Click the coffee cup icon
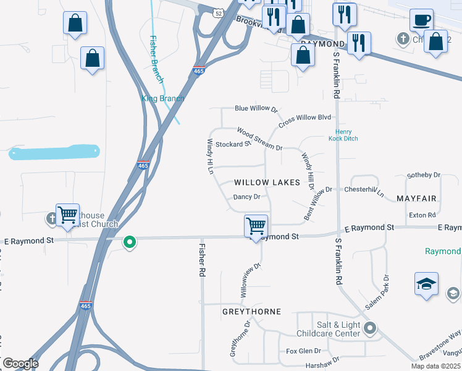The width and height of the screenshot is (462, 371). tap(422, 20)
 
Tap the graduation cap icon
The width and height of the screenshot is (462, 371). tap(426, 284)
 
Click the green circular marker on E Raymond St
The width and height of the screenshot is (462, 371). tap(129, 242)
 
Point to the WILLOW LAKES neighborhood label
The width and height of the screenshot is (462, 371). tap(267, 182)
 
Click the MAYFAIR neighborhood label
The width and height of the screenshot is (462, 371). tap(417, 198)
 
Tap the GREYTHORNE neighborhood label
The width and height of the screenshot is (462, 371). tap(252, 312)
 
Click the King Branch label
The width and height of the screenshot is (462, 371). tap(163, 98)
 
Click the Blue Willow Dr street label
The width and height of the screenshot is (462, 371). tap(256, 108)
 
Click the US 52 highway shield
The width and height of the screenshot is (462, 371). tap(219, 12)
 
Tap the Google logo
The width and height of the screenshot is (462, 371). tap(20, 364)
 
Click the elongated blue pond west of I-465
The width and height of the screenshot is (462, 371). tap(54, 152)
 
